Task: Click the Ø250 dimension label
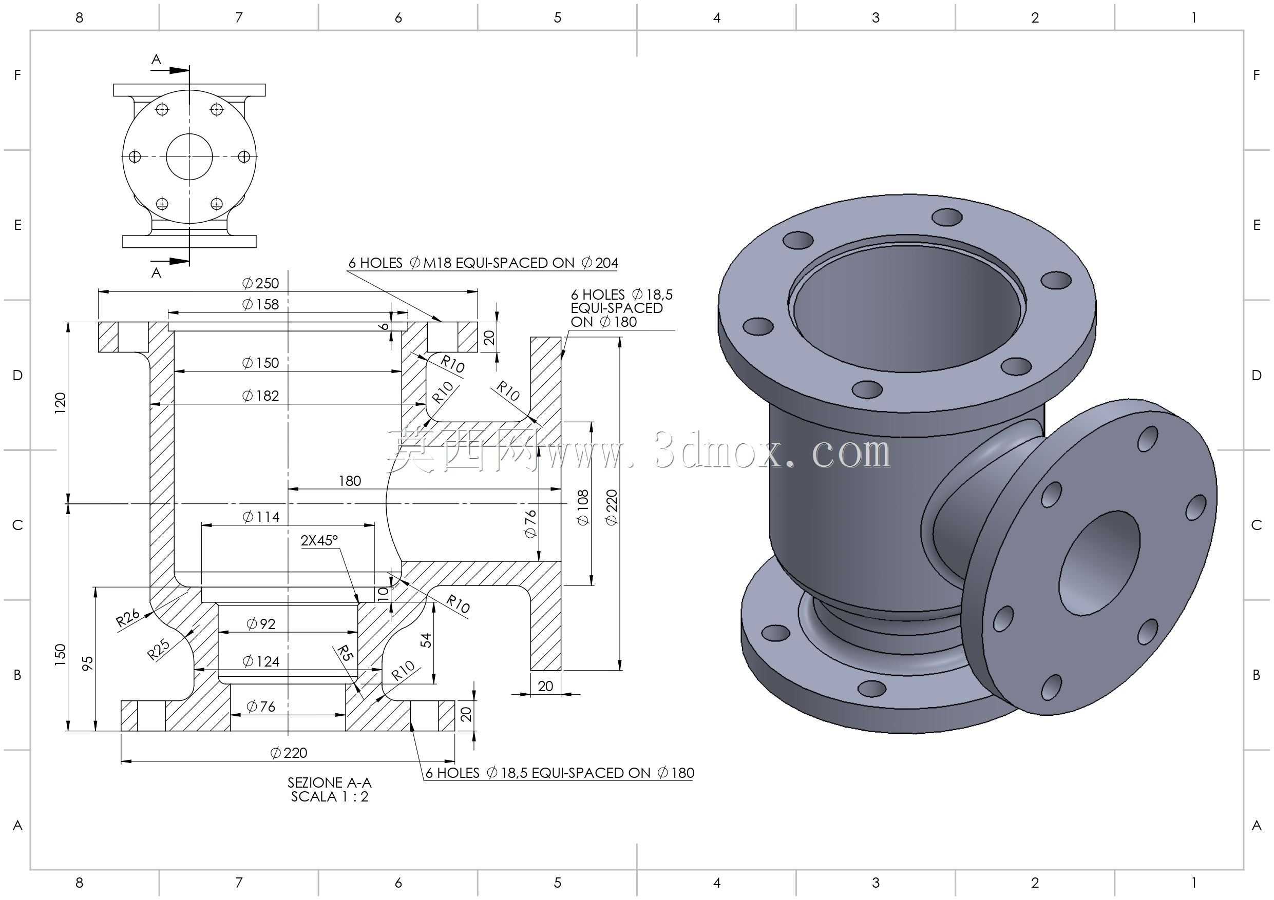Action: pyautogui.click(x=260, y=283)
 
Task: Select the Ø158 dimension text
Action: pyautogui.click(x=260, y=304)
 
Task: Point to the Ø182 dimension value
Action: pyautogui.click(x=260, y=396)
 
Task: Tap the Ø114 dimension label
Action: pyautogui.click(x=261, y=517)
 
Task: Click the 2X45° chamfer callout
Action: pyautogui.click(x=319, y=541)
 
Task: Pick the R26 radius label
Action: pyautogui.click(x=128, y=618)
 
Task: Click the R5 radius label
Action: pyautogui.click(x=345, y=653)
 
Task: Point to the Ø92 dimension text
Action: pyautogui.click(x=261, y=624)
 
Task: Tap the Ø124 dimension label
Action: pyautogui.click(x=261, y=661)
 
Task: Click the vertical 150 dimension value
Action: pyautogui.click(x=61, y=654)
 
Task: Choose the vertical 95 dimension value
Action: pyautogui.click(x=88, y=664)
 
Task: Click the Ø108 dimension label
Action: pyautogui.click(x=583, y=508)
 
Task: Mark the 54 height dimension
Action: pyautogui.click(x=426, y=640)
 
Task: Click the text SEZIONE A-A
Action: pyautogui.click(x=330, y=783)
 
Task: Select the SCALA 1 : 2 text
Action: pyautogui.click(x=330, y=797)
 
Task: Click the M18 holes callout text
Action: pyautogui.click(x=483, y=263)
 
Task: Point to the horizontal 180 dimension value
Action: pyautogui.click(x=350, y=481)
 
